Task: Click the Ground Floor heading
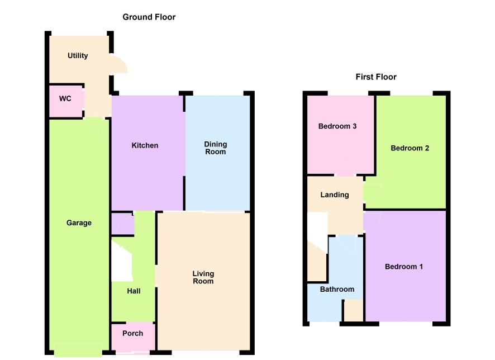[149, 17]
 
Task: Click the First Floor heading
[376, 77]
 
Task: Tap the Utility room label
[78, 56]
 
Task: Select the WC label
[65, 98]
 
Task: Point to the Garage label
[79, 223]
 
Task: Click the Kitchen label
[145, 145]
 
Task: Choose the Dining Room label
[216, 148]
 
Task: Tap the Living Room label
[203, 277]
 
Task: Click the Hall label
[134, 291]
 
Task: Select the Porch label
[132, 334]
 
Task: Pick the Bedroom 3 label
[337, 126]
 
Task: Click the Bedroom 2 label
[410, 148]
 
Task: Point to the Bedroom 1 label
[404, 267]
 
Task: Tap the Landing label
[335, 195]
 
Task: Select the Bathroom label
[337, 289]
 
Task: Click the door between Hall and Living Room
[164, 276]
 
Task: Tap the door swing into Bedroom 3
[345, 167]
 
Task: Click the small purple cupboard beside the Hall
[123, 224]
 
